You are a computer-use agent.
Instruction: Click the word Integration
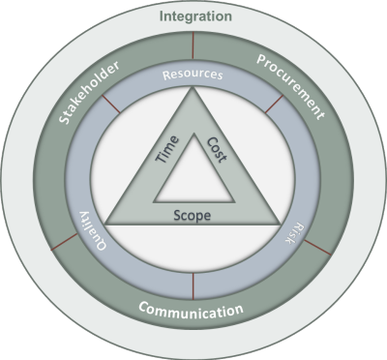click(x=195, y=16)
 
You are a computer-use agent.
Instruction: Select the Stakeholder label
click(x=89, y=92)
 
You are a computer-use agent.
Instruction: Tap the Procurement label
click(x=290, y=86)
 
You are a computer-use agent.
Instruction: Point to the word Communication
click(x=191, y=310)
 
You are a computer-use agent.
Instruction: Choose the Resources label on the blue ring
click(x=193, y=75)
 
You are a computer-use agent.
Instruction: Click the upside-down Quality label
click(x=92, y=230)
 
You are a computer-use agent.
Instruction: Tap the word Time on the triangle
click(x=167, y=149)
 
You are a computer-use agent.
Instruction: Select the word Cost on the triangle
click(x=217, y=150)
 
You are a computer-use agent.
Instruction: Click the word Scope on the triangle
click(x=193, y=216)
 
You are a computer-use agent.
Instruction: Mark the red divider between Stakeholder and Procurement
click(x=193, y=46)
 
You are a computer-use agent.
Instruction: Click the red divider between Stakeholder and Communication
click(x=65, y=242)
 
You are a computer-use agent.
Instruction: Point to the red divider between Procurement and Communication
click(x=318, y=248)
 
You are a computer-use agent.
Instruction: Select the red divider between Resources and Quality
click(x=111, y=105)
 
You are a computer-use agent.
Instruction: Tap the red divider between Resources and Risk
click(x=274, y=104)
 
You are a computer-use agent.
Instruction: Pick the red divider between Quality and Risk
click(x=193, y=286)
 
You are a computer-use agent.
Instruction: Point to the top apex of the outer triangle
click(x=193, y=87)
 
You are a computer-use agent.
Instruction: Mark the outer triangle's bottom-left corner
click(x=105, y=224)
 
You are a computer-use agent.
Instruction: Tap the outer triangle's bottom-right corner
click(x=280, y=224)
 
